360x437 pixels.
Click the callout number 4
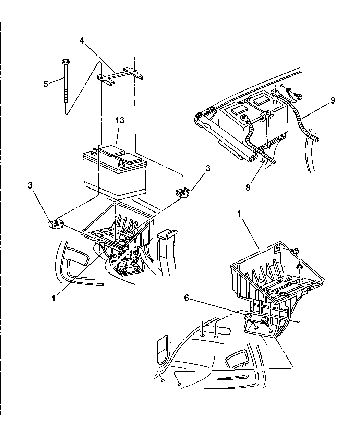(x=82, y=40)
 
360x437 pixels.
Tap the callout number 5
(x=46, y=84)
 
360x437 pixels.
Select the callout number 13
(x=120, y=120)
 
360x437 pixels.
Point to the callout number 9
(x=333, y=100)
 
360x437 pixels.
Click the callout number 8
(x=248, y=188)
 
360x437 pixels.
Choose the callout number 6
(x=187, y=298)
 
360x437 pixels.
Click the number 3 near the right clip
(x=208, y=168)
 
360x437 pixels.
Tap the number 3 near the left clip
(x=31, y=185)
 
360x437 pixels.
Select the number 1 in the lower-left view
(x=53, y=298)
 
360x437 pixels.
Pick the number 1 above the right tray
(x=239, y=214)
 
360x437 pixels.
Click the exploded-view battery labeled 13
(x=115, y=172)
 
